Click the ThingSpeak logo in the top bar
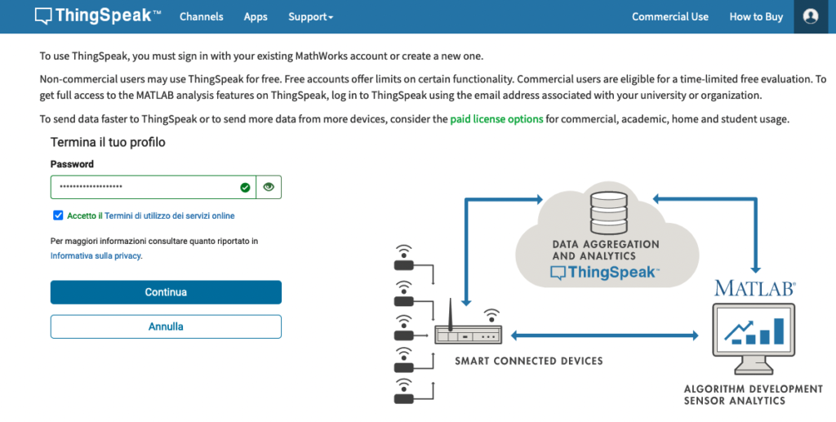tap(98, 16)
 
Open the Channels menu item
tap(201, 16)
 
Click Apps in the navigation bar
tap(256, 16)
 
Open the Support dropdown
tap(310, 16)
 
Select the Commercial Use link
tap(670, 16)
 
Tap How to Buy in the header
tap(756, 16)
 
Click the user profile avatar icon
tap(811, 16)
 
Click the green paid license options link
tap(496, 119)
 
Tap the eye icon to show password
tap(269, 187)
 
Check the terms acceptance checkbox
tap(58, 215)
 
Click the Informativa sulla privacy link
tap(96, 255)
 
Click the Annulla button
tap(166, 326)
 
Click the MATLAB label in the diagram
tap(755, 288)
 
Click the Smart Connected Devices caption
tap(529, 361)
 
